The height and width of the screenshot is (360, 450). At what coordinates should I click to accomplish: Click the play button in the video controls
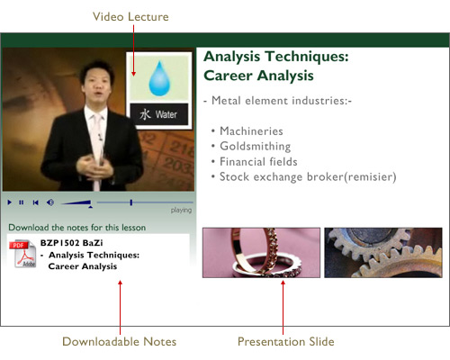(x=10, y=202)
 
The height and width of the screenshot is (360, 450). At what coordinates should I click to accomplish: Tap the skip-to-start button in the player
(x=35, y=202)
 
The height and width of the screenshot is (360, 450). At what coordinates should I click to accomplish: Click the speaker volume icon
(x=50, y=202)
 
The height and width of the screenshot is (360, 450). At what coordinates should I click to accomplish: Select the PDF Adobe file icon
(x=22, y=254)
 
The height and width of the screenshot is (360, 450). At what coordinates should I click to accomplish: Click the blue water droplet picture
(x=159, y=78)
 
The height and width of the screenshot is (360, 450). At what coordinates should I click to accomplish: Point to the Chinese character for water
(x=145, y=114)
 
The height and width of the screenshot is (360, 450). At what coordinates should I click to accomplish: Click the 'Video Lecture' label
(x=130, y=17)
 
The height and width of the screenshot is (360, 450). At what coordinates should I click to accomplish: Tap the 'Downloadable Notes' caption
(x=120, y=342)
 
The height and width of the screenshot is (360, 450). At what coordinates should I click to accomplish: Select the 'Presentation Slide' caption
(x=286, y=342)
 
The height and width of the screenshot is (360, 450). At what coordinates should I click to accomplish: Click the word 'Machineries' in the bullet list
(x=251, y=131)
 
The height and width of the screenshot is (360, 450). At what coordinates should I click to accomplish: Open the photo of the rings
(x=261, y=253)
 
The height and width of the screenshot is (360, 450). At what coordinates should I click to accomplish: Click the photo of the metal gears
(x=383, y=253)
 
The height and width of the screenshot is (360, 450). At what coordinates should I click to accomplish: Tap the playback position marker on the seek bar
(x=131, y=202)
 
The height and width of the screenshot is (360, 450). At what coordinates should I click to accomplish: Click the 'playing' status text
(x=181, y=210)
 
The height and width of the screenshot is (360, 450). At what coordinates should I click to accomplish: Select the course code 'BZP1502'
(x=59, y=243)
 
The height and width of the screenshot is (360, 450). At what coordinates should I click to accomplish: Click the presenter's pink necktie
(x=96, y=151)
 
